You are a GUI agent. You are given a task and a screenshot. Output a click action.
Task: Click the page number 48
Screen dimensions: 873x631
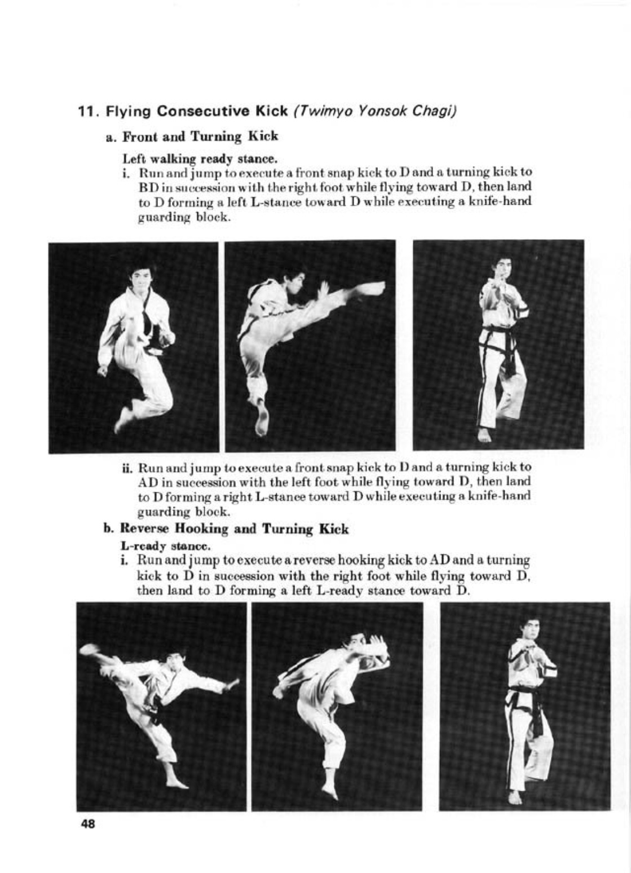[88, 824]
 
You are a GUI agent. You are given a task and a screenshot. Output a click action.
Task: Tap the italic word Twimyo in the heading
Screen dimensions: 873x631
[317, 111]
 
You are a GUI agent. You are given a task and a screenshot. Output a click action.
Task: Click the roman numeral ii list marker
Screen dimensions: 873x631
[127, 468]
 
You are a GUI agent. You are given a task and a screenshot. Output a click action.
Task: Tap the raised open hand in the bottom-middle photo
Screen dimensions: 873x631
[377, 643]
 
